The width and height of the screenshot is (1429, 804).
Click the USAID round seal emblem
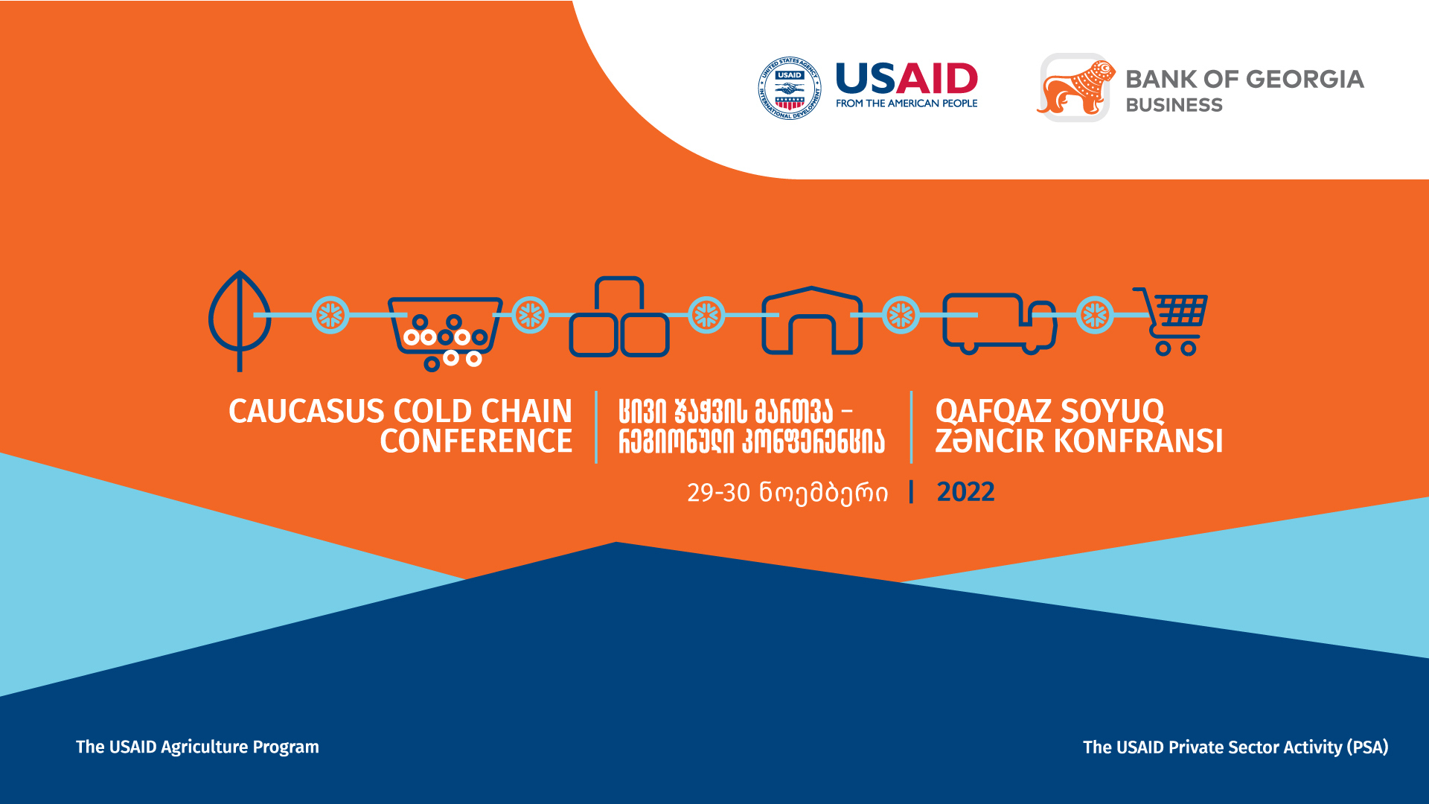790,88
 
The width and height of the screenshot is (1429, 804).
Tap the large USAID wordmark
907,79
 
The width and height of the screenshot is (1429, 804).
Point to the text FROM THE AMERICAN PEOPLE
907,103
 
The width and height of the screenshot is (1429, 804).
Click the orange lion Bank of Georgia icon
1075,88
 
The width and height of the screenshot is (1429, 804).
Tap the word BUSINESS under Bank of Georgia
1174,105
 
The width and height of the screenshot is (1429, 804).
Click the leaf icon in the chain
240,320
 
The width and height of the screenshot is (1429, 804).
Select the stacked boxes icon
619,316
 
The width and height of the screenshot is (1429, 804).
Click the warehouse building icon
812,320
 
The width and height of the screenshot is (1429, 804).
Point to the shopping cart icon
1171,321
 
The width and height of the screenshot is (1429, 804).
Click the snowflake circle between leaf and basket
330,315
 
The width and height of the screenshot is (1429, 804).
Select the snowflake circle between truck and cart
1095,315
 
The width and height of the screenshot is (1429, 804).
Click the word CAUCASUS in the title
306,412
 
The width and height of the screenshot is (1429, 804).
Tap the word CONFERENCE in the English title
476,441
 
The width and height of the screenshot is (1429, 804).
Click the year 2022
965,492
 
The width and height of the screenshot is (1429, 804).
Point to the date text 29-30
718,493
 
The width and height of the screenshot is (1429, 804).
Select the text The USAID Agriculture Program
197,747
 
